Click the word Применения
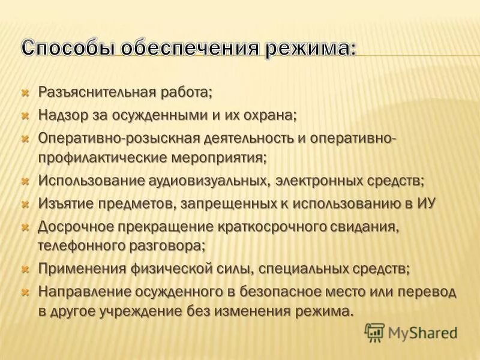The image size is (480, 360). [x=77, y=268]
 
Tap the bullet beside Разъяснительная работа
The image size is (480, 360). [x=25, y=93]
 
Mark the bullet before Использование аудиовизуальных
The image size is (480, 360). [x=25, y=181]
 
